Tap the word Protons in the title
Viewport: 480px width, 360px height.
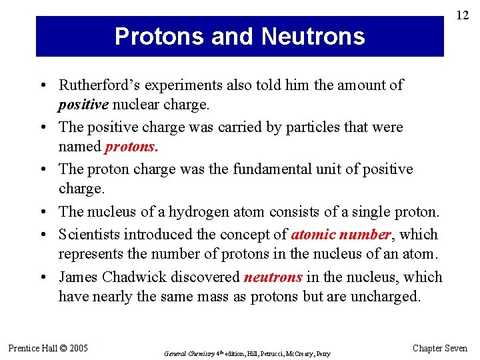coord(157,36)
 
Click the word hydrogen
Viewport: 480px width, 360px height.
coord(197,212)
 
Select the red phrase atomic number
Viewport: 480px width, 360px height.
coord(341,235)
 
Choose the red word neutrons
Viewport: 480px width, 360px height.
coord(273,277)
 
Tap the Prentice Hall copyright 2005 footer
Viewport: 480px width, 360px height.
coord(48,348)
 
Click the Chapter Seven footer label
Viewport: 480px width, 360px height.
coord(441,348)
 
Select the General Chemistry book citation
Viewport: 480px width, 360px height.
coord(247,353)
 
